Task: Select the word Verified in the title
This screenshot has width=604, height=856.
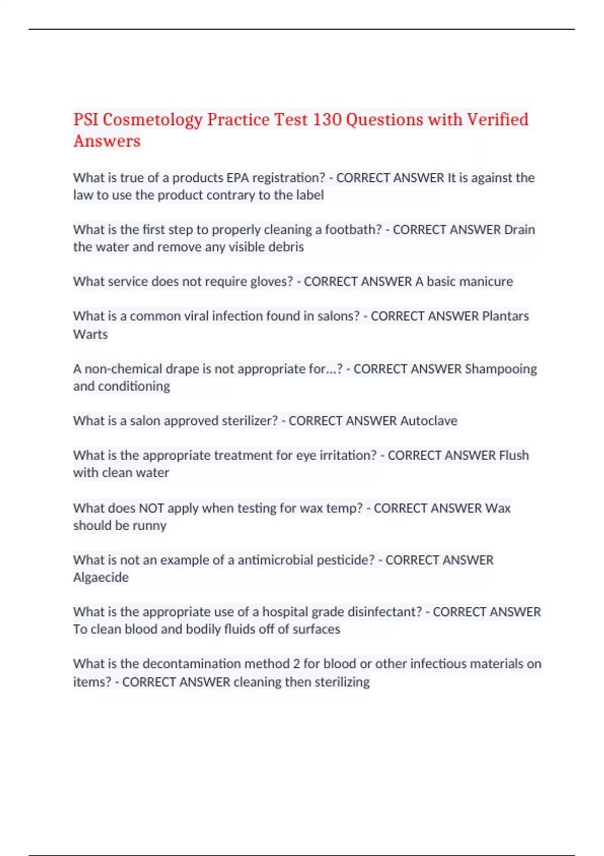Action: coord(497,120)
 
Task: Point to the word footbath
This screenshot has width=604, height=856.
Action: coord(353,230)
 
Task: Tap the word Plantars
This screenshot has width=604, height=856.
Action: coord(505,316)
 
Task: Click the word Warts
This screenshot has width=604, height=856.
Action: coord(91,334)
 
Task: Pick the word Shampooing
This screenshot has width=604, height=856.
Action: coord(501,369)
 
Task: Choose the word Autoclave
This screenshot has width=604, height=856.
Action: coord(429,421)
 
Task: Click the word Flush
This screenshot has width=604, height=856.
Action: coord(514,456)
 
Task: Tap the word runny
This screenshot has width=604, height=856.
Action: coord(149,526)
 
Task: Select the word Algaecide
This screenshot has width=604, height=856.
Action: coord(101,578)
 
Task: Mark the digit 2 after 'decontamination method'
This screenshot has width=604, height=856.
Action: coord(296,664)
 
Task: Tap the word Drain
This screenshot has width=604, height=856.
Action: coord(519,230)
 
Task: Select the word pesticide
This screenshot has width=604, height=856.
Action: coord(347,560)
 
